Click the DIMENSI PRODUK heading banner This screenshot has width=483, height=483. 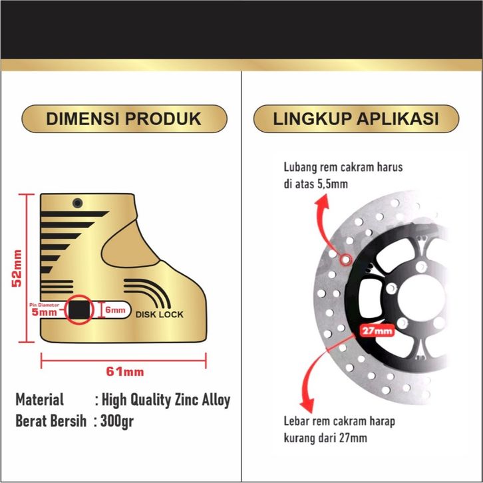tap(123, 119)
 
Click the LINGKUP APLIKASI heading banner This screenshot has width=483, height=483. tap(356, 119)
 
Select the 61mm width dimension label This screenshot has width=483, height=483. tap(125, 371)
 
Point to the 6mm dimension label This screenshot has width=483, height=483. tap(114, 309)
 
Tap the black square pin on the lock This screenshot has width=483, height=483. tap(80, 309)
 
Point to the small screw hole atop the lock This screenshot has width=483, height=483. tap(79, 202)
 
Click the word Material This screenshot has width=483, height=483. tap(40, 400)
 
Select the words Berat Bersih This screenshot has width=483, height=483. tap(51, 421)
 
